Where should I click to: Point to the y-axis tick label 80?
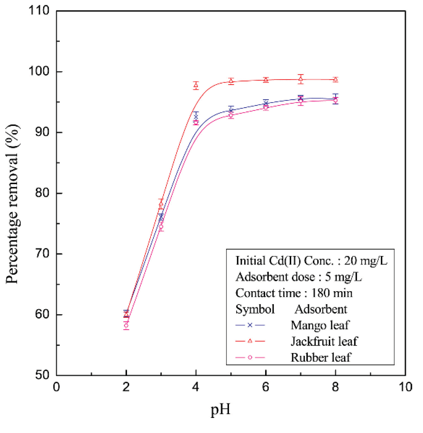pyautogui.click(x=42, y=193)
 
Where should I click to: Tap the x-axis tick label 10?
pyautogui.click(x=405, y=387)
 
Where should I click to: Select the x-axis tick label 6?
pyautogui.click(x=265, y=387)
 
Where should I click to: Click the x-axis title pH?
pyautogui.click(x=220, y=410)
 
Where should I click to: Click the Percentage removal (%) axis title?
pyautogui.click(x=12, y=204)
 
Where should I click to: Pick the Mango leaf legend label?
pyautogui.click(x=320, y=325)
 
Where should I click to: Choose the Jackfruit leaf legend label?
pyautogui.click(x=324, y=341)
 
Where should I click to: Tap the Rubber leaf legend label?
pyautogui.click(x=321, y=357)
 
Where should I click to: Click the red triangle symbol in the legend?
pyautogui.click(x=250, y=341)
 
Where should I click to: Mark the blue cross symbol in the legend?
pyautogui.click(x=250, y=325)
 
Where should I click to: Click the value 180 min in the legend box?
pyautogui.click(x=332, y=293)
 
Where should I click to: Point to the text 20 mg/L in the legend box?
pyautogui.click(x=366, y=261)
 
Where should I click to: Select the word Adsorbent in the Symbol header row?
pyautogui.click(x=321, y=309)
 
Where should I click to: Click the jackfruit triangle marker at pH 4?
pyautogui.click(x=196, y=85)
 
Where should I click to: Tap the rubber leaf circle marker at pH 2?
pyautogui.click(x=126, y=325)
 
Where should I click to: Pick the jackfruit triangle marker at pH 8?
pyautogui.click(x=335, y=79)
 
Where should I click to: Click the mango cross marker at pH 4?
pyautogui.click(x=196, y=117)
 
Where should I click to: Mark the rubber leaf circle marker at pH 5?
pyautogui.click(x=231, y=115)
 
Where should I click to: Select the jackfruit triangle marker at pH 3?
pyautogui.click(x=161, y=204)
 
